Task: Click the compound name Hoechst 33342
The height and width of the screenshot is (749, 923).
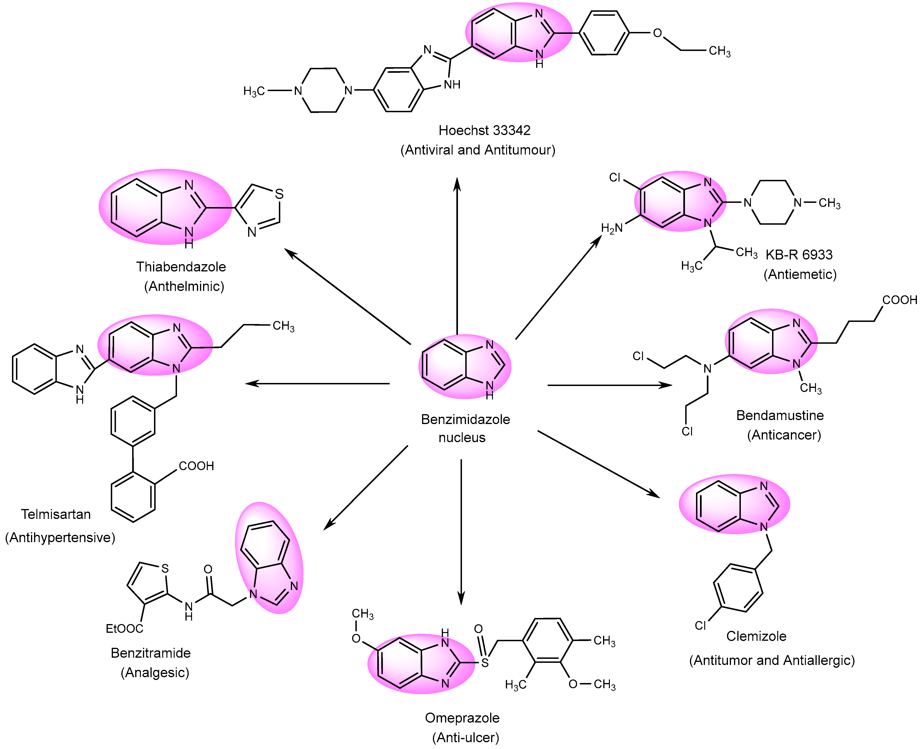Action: (484, 130)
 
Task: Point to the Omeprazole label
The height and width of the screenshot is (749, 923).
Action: (462, 718)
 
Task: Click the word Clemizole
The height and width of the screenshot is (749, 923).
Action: (756, 636)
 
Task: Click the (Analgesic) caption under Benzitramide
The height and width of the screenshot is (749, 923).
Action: (155, 673)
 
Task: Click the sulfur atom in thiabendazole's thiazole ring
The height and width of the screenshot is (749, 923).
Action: (279, 194)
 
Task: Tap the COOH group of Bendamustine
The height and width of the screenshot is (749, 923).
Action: (899, 300)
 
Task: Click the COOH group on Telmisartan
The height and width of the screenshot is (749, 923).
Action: (196, 466)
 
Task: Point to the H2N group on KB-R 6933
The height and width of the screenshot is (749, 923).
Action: (611, 228)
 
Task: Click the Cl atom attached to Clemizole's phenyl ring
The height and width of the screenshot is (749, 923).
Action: (700, 625)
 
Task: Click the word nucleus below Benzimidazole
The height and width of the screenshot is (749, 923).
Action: (462, 437)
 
